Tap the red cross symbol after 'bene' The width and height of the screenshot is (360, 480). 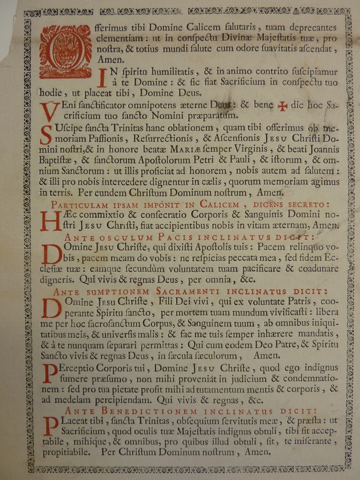click(282, 106)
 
